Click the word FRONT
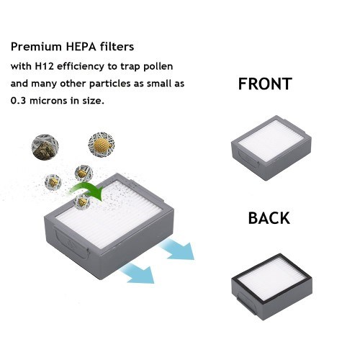[265, 84]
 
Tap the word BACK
[269, 218]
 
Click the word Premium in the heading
[36, 47]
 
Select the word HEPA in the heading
[81, 47]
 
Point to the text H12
[44, 66]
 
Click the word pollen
[158, 67]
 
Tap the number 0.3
[19, 101]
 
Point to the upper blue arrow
[177, 250]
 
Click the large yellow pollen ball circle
[102, 145]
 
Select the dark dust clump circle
[45, 147]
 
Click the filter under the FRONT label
[271, 148]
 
